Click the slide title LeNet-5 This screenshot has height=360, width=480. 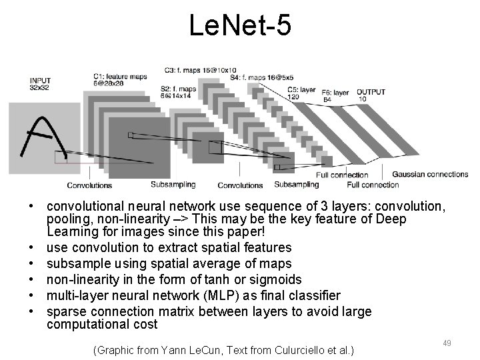239,26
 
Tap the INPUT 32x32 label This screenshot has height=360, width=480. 41,83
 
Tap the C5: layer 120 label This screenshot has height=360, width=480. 301,92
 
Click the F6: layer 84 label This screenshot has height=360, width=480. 336,95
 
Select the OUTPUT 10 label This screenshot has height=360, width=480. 371,95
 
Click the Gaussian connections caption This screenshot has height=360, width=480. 429,175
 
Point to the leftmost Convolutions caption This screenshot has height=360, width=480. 89,185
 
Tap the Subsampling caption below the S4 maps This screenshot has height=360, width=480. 297,184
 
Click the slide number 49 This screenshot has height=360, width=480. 447,343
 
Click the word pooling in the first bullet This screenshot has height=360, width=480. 67,219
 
